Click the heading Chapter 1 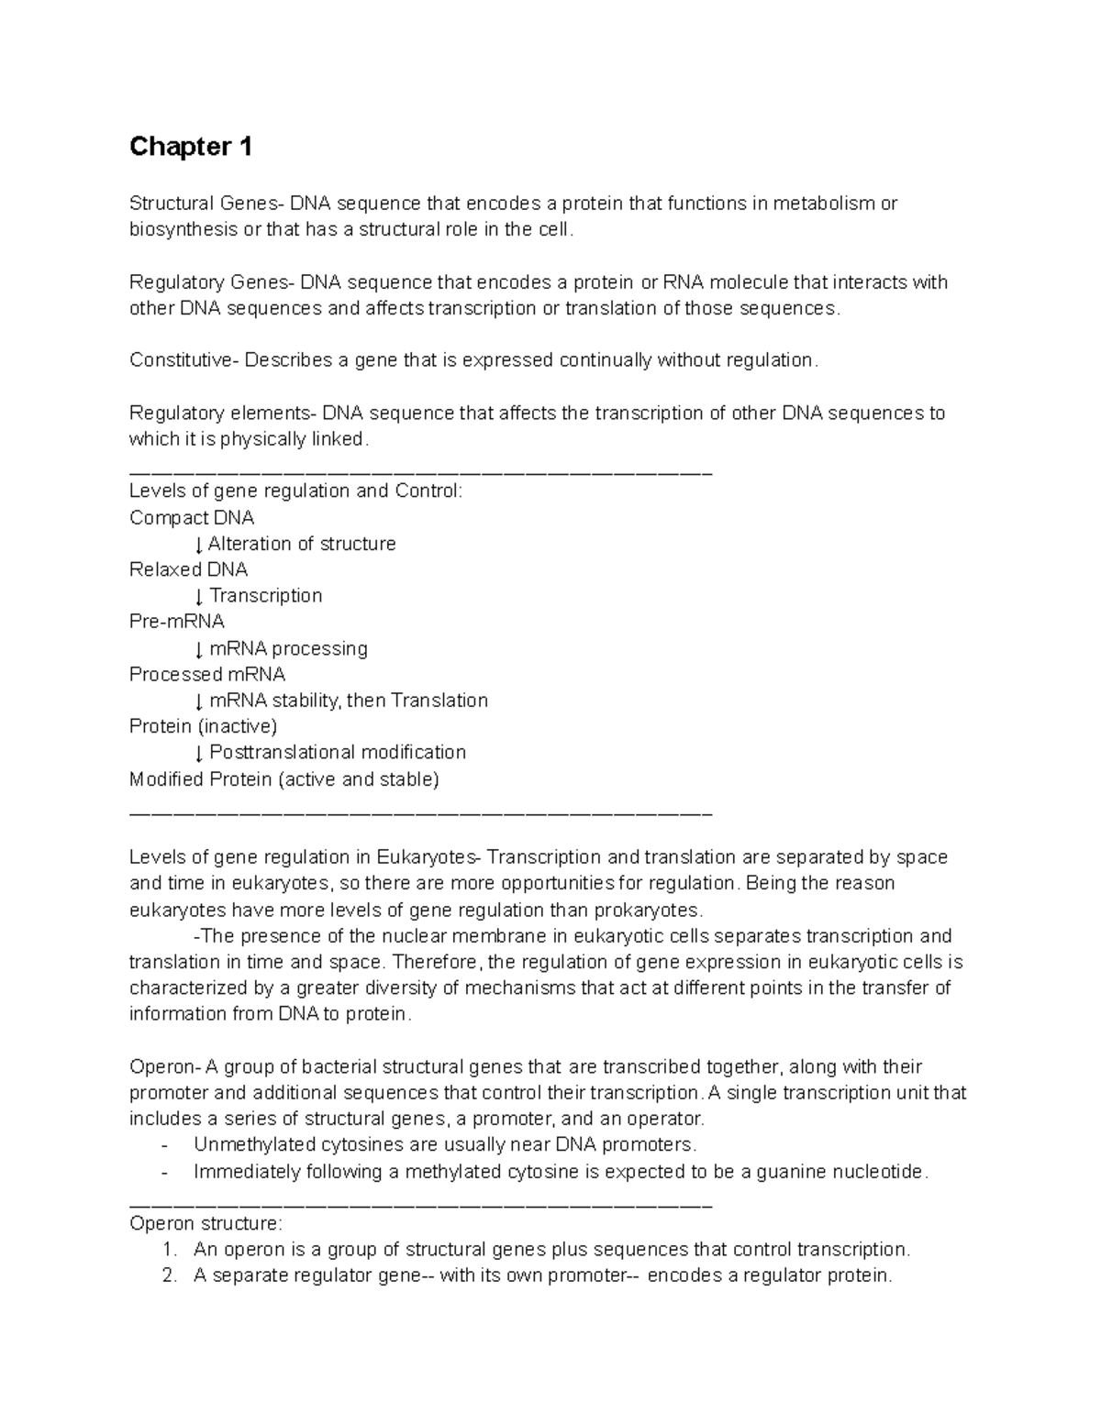click(x=191, y=147)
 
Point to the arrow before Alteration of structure click(x=199, y=545)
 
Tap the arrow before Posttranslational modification click(x=199, y=754)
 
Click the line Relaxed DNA click(x=188, y=569)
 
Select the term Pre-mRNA click(x=177, y=622)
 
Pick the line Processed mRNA click(x=207, y=675)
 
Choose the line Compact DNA click(x=192, y=518)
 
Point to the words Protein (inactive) click(x=203, y=727)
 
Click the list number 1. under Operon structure click(x=168, y=1250)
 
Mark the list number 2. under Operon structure click(x=168, y=1276)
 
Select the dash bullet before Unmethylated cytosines click(x=164, y=1145)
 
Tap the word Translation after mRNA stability click(x=439, y=701)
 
